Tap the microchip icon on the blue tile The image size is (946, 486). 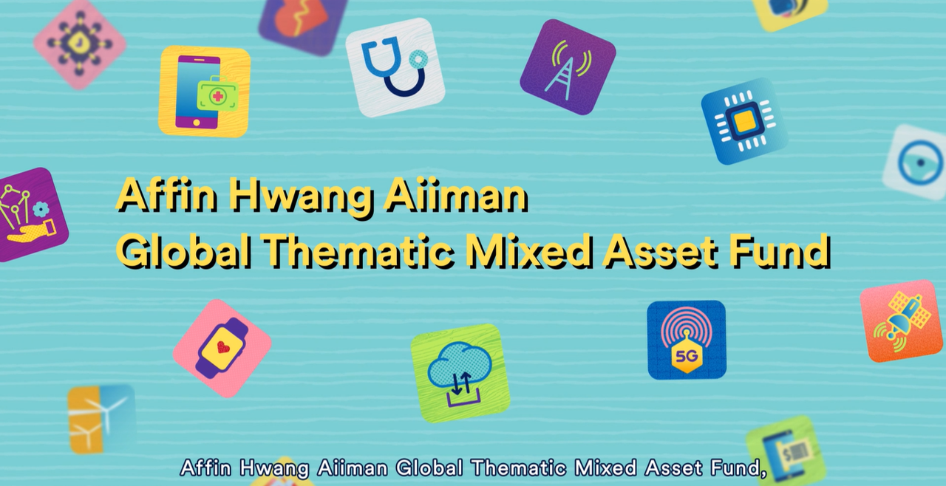click(x=744, y=121)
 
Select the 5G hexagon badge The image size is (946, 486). click(x=687, y=357)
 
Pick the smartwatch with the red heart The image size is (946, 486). click(x=222, y=348)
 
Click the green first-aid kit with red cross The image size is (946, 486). click(x=217, y=95)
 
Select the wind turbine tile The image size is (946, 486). click(x=102, y=419)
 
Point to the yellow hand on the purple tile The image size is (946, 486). click(x=32, y=232)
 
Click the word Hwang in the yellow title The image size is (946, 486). click(x=303, y=196)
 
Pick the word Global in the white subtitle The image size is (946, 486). click(x=429, y=468)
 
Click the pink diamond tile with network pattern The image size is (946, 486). click(x=80, y=44)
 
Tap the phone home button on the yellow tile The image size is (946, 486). click(x=197, y=123)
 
